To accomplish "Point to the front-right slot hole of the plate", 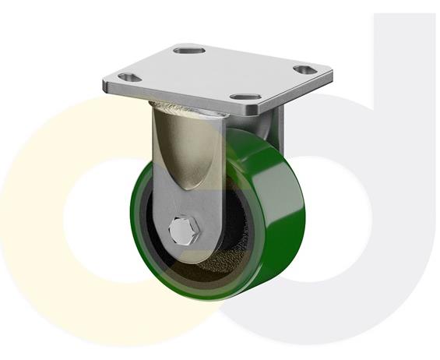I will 248,98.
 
